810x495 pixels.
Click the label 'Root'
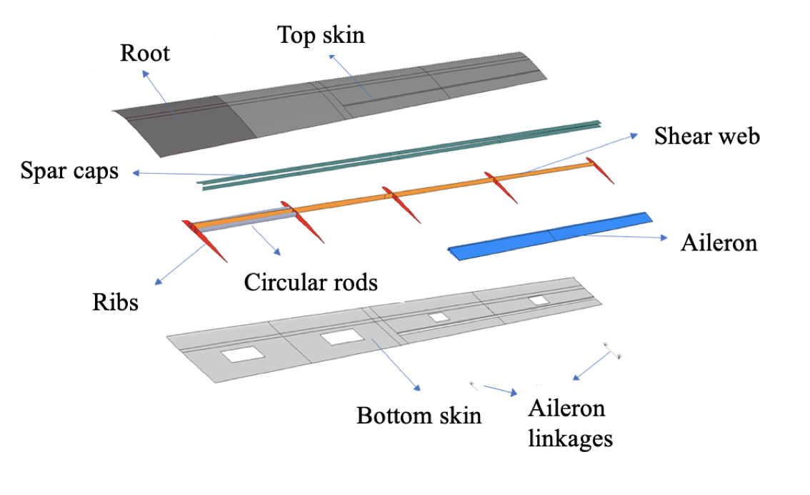(145, 53)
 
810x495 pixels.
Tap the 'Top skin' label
(321, 35)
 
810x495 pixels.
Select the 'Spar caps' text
(69, 172)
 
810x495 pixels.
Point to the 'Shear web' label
(706, 137)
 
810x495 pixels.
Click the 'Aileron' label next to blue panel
(719, 242)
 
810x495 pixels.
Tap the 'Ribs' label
(115, 302)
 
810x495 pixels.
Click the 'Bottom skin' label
(419, 416)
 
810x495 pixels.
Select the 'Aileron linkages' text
(570, 423)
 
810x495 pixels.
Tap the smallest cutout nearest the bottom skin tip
(538, 300)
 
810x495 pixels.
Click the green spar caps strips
(400, 154)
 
